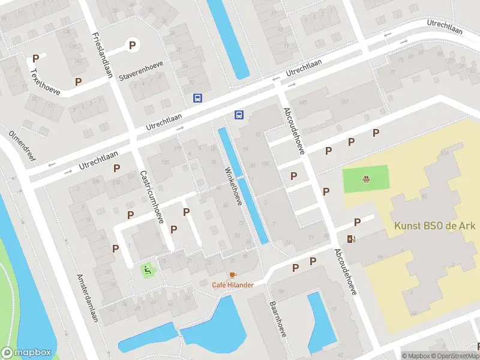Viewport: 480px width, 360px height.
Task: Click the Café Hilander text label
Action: pyautogui.click(x=232, y=284)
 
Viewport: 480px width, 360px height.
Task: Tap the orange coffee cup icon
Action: pyautogui.click(x=233, y=275)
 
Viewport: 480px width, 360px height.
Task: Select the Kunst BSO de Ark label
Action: pyautogui.click(x=434, y=226)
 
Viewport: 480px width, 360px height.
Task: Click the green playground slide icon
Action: pyautogui.click(x=147, y=270)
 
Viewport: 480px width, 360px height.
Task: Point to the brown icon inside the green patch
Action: pyautogui.click(x=365, y=179)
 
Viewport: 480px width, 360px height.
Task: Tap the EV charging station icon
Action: pyautogui.click(x=351, y=239)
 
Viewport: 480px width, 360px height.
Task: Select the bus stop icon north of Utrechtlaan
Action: pyautogui.click(x=197, y=98)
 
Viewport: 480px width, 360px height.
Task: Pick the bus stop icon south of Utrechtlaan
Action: pyautogui.click(x=239, y=115)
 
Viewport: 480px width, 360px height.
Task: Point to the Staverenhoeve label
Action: pyautogui.click(x=141, y=70)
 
